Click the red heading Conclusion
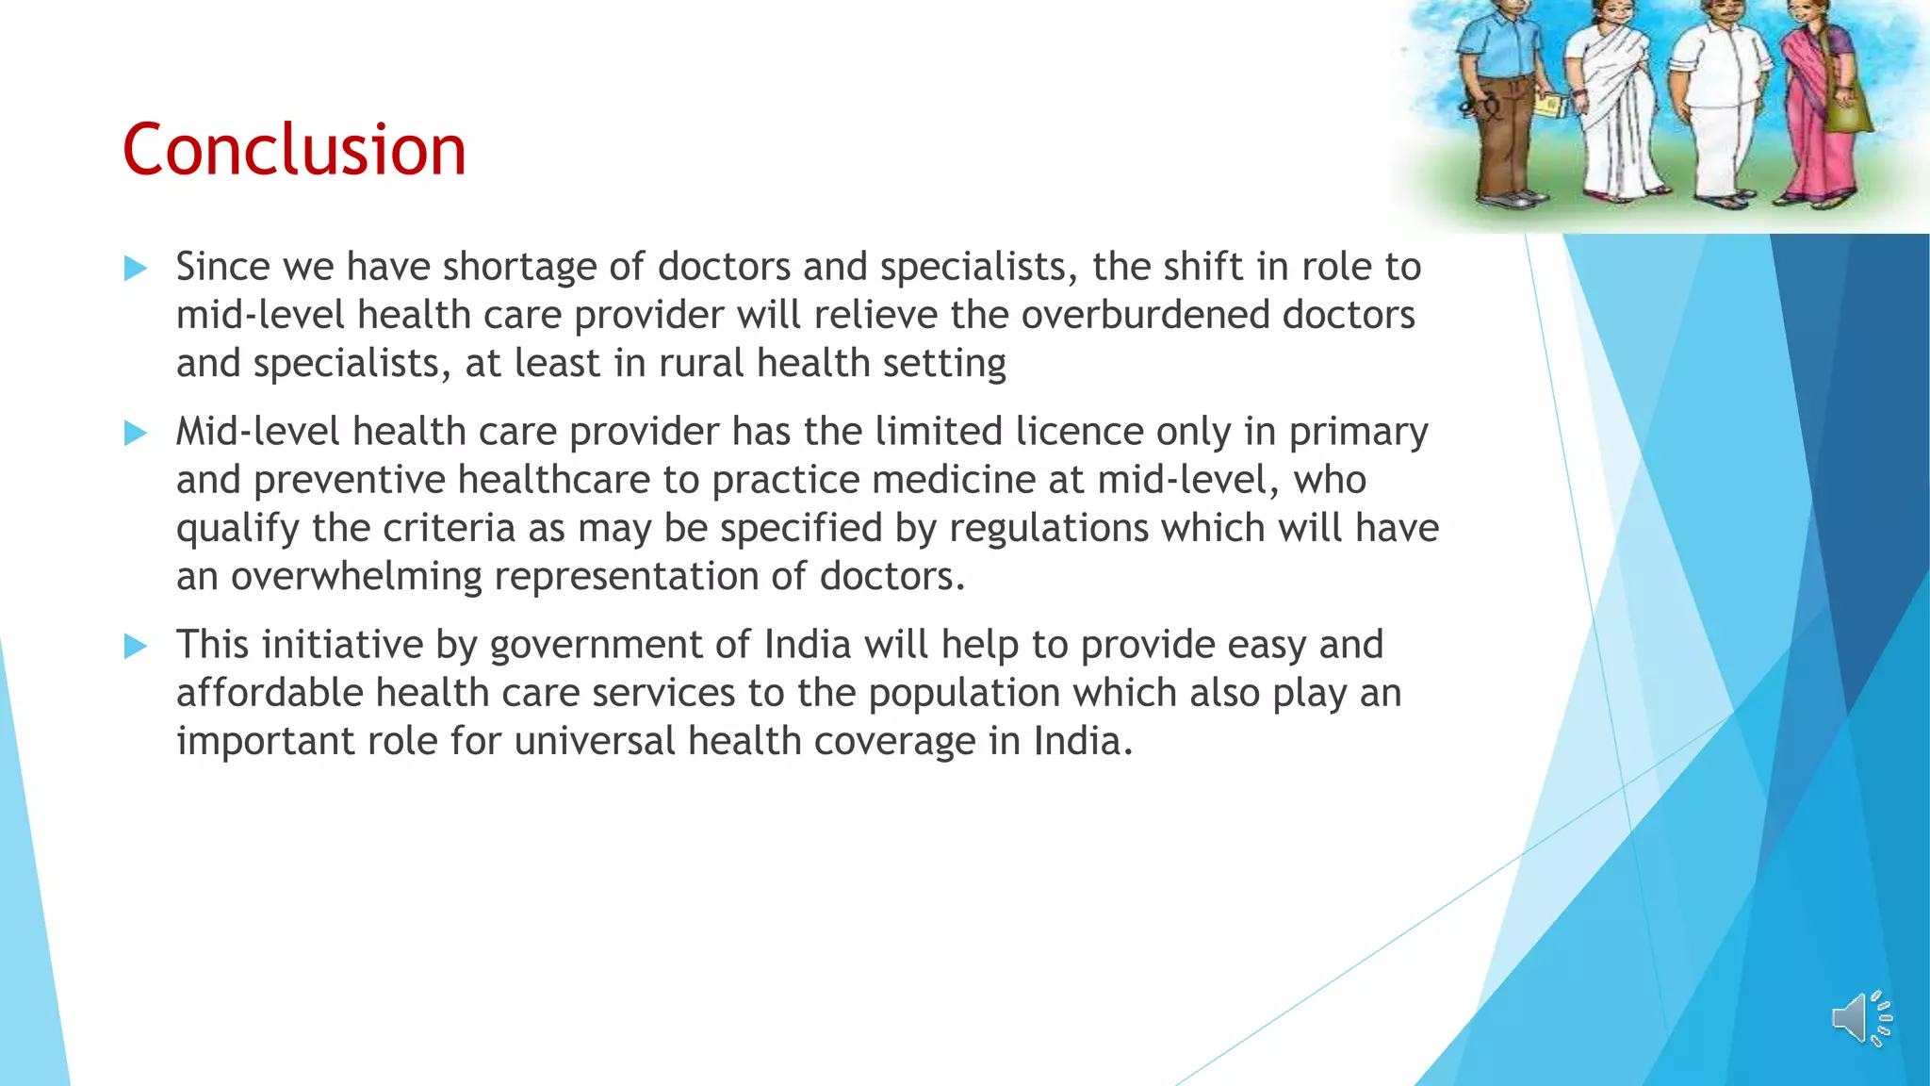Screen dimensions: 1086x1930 click(x=294, y=150)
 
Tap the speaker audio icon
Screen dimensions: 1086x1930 click(x=1860, y=1018)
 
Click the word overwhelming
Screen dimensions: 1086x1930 click(x=356, y=576)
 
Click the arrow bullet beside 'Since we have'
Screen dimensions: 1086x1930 click(x=136, y=269)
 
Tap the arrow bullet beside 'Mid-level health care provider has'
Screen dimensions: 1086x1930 click(x=136, y=434)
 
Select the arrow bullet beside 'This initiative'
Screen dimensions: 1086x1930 click(x=136, y=647)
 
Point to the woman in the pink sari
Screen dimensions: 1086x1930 click(x=1823, y=104)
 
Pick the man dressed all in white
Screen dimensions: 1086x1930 click(x=1719, y=104)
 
